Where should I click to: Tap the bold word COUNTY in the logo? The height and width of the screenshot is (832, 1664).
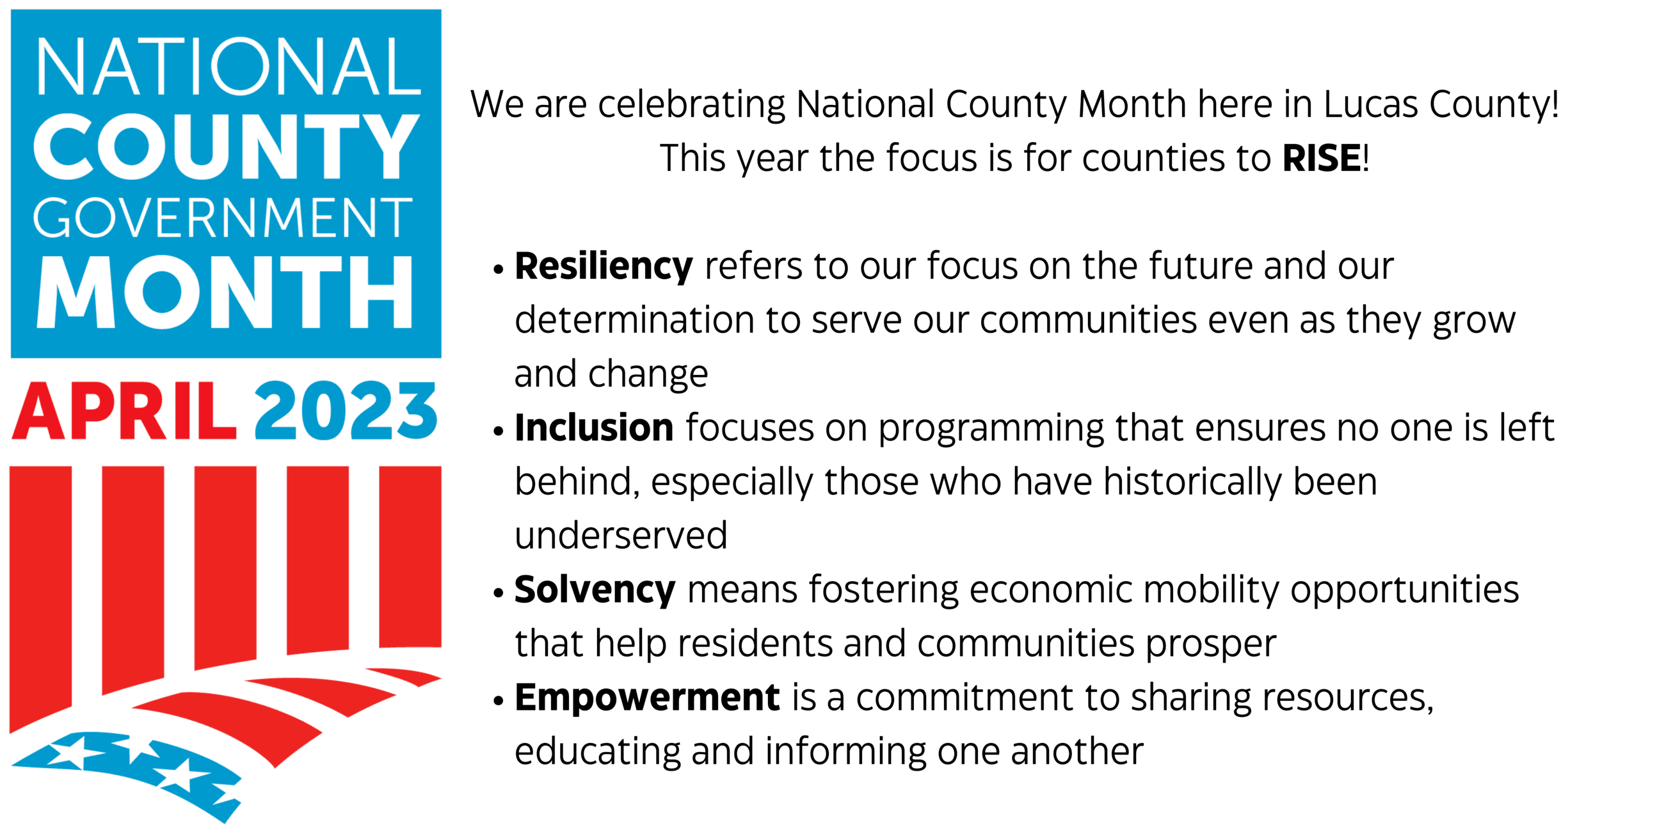[226, 147]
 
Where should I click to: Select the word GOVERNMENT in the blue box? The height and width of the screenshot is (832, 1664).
[223, 218]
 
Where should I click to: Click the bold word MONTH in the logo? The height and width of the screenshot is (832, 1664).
[225, 292]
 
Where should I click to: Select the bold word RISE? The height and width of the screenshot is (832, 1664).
[1322, 158]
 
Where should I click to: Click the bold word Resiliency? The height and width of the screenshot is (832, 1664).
[604, 267]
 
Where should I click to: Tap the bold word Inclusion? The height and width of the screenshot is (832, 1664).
[594, 428]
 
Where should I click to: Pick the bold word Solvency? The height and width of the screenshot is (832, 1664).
[595, 590]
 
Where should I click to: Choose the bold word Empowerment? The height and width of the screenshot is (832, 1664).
[647, 698]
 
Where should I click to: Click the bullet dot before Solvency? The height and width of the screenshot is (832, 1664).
[498, 593]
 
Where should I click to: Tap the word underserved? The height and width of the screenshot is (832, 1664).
[621, 536]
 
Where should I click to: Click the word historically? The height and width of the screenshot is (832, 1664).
[1192, 483]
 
